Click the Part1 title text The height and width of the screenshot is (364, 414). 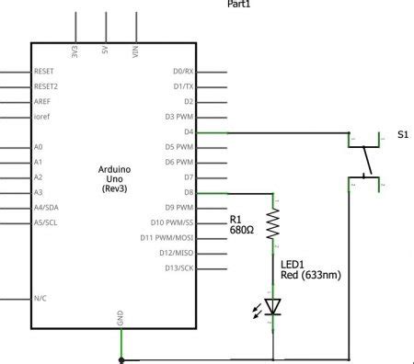point(238,4)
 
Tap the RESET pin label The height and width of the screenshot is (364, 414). point(44,71)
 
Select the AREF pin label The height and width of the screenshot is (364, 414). point(42,101)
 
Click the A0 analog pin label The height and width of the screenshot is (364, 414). point(38,146)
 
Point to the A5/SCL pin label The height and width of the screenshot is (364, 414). point(45,222)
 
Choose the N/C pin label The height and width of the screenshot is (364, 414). point(40,299)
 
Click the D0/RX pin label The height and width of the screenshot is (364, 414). point(183,71)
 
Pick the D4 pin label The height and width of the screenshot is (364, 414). point(189,131)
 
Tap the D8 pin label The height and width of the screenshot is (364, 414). point(189,192)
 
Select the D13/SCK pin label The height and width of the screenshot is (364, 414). point(178,268)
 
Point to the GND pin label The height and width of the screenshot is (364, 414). point(121,317)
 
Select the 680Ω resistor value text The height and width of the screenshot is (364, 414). point(242,232)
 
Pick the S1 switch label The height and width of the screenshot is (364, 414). point(403,134)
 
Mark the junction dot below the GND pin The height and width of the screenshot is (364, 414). point(121,360)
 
